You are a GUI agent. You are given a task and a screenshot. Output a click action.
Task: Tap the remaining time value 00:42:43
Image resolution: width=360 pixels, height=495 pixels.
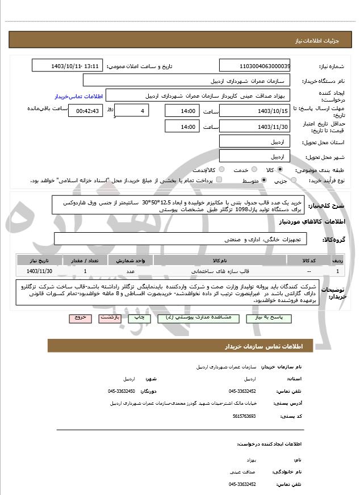87,111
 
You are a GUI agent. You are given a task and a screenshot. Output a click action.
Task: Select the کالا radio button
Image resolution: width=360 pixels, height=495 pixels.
280,169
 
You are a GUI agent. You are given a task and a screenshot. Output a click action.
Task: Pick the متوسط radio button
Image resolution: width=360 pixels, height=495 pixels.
264,181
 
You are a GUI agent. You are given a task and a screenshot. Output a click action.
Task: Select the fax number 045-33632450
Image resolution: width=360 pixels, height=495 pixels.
122,391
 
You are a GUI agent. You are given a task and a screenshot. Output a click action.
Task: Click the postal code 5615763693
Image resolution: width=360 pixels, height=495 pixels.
242,416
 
